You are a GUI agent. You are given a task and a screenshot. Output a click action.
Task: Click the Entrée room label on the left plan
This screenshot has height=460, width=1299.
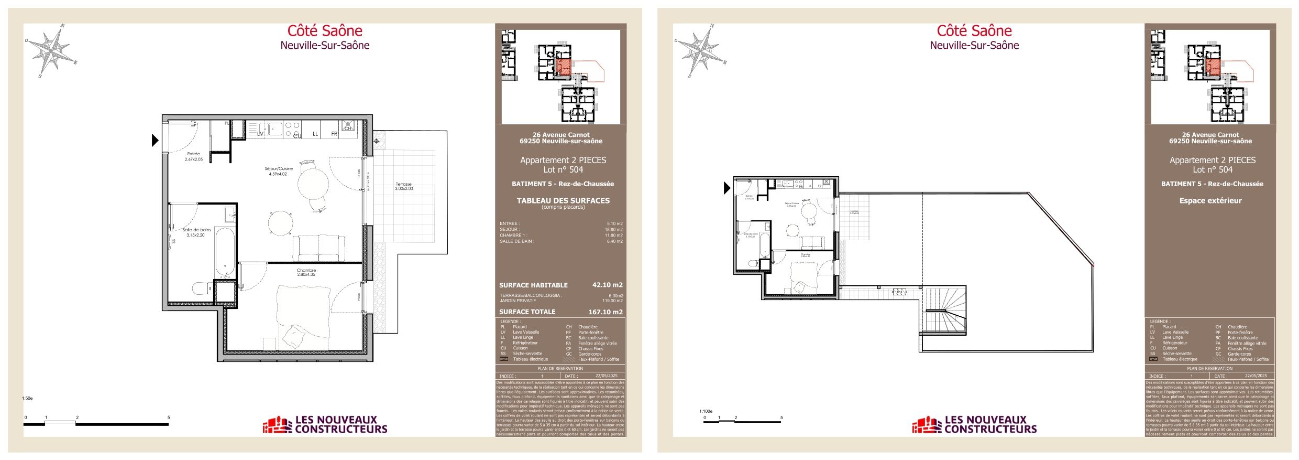[x=193, y=156]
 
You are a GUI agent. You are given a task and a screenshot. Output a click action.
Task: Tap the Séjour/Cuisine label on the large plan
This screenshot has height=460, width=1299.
[x=278, y=171]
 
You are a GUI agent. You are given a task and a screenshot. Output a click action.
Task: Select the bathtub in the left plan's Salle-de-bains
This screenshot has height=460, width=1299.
[x=225, y=252]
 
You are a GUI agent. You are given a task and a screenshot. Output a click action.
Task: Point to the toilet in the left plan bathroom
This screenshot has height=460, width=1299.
[x=201, y=288]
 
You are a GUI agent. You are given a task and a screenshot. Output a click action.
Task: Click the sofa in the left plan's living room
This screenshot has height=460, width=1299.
[x=318, y=247]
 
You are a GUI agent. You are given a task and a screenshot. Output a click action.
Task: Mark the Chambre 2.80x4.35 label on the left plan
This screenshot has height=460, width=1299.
[x=306, y=272]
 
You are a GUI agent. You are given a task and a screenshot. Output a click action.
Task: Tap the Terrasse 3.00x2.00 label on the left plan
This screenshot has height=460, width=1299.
[x=403, y=186]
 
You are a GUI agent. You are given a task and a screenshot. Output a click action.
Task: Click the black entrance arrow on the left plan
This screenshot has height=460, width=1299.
[x=155, y=140]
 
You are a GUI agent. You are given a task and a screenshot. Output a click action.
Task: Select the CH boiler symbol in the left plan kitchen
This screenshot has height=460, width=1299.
[x=348, y=126]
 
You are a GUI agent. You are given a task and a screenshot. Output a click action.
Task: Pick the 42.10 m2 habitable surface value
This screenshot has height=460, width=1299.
[x=607, y=285]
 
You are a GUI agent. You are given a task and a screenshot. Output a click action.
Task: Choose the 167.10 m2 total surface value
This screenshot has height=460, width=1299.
[x=605, y=312]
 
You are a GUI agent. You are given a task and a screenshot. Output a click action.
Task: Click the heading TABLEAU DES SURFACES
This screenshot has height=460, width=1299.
[x=563, y=200]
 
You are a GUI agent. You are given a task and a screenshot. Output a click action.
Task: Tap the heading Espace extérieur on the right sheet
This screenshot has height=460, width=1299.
[x=1210, y=200]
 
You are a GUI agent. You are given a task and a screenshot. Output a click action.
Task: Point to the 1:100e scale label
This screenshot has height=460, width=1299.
[x=706, y=411]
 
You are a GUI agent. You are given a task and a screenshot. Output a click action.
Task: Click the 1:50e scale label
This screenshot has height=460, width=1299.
[x=27, y=398]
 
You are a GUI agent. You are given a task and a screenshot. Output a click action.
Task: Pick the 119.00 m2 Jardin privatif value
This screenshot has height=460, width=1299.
[x=612, y=301]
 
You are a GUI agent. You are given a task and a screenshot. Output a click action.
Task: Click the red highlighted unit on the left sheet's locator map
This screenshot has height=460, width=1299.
[x=563, y=67]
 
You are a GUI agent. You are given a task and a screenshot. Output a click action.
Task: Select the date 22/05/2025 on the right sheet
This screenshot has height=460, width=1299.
[x=1256, y=376]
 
